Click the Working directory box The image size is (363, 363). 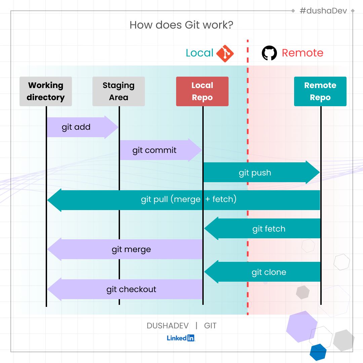tap(46, 91)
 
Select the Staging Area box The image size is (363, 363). tap(119, 91)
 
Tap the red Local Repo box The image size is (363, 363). tap(202, 91)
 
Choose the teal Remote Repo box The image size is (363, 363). tap(320, 91)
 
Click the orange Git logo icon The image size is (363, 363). tap(225, 53)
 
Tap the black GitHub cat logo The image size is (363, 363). tap(269, 53)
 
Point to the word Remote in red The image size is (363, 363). tap(302, 53)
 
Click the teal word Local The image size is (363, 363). tap(200, 53)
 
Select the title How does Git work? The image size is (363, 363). tap(181, 25)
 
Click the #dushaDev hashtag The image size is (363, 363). tap(323, 11)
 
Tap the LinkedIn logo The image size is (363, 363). tap(181, 338)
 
